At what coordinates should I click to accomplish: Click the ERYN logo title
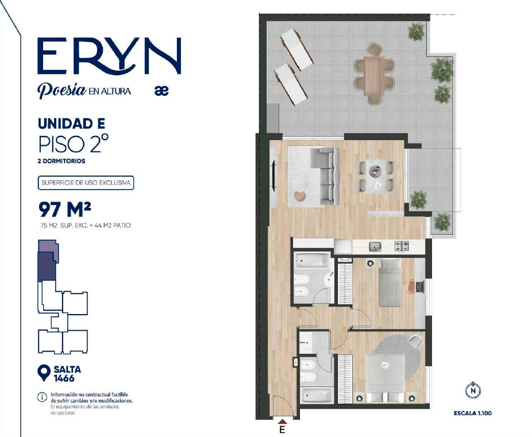point(109,56)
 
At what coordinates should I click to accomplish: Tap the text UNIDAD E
point(72,123)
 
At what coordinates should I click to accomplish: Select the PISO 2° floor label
point(74,144)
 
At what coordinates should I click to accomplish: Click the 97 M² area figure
point(65,209)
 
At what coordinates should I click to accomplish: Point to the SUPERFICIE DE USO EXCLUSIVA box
point(86,183)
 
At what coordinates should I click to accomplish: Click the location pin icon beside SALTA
point(44,373)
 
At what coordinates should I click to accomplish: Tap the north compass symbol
point(473,391)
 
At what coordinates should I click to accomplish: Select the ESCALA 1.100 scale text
point(473,413)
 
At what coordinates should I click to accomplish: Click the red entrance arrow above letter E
point(282,421)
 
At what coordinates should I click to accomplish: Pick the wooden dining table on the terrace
point(373,76)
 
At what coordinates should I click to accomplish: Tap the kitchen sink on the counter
point(375,246)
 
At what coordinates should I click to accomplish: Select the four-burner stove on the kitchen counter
point(402,246)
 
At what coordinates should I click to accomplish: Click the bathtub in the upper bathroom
point(312,261)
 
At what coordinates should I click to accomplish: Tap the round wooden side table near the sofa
point(300,196)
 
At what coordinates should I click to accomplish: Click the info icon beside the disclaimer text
point(42,397)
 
